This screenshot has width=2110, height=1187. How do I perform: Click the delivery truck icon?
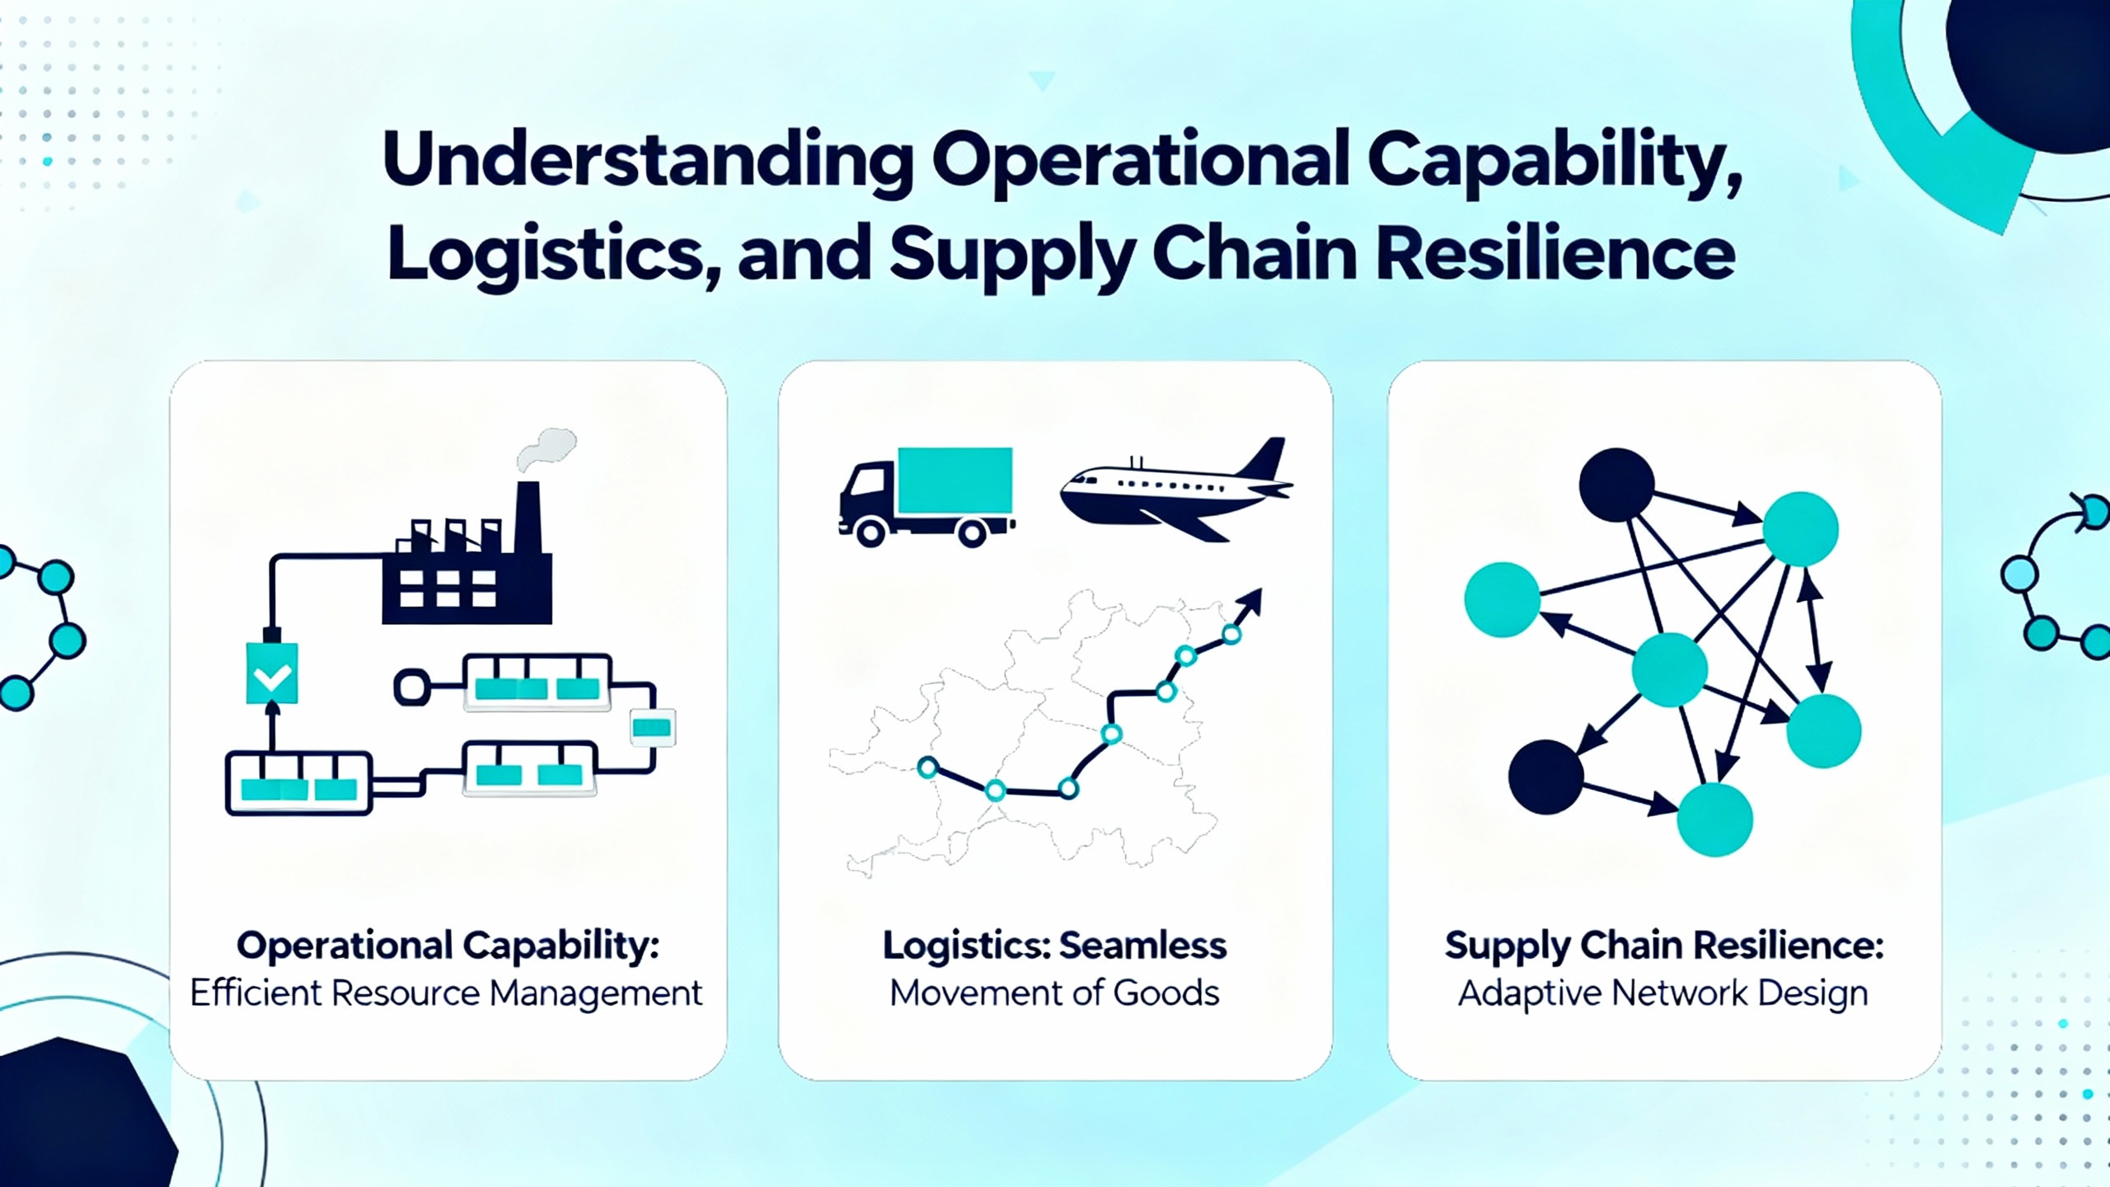(926, 497)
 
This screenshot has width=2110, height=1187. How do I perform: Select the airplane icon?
(1176, 490)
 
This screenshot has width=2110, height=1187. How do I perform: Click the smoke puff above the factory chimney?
(546, 450)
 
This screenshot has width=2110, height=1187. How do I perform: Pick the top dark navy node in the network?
(1616, 485)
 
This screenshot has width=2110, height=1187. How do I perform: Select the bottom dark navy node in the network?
(1546, 777)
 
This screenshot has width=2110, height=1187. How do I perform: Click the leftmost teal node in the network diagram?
(1502, 599)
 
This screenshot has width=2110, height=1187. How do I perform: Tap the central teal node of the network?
(1670, 669)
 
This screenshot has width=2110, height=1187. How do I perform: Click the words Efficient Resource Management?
(446, 993)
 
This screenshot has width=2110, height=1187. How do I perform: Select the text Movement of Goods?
(1054, 993)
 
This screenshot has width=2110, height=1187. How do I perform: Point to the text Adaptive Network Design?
(1663, 994)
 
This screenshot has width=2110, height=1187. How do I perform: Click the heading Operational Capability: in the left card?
(448, 946)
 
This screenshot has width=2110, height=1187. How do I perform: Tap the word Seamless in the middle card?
(1142, 945)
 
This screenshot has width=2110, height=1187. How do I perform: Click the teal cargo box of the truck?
(954, 481)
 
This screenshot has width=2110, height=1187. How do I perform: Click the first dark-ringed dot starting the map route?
(928, 768)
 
